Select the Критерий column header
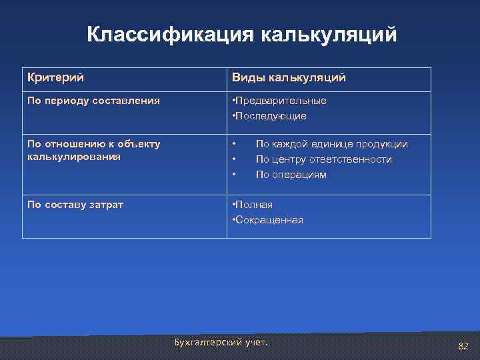click(x=55, y=78)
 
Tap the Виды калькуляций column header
click(x=289, y=78)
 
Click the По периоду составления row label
click(x=93, y=101)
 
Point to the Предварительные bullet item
click(x=279, y=101)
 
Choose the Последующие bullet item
click(x=269, y=116)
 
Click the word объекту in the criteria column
click(x=138, y=143)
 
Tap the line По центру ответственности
click(x=323, y=159)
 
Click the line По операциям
click(x=291, y=175)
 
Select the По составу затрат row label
click(x=75, y=204)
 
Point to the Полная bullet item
click(x=252, y=205)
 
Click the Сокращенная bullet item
click(x=267, y=220)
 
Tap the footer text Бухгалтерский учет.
click(x=221, y=342)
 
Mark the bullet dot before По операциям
click(x=233, y=175)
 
